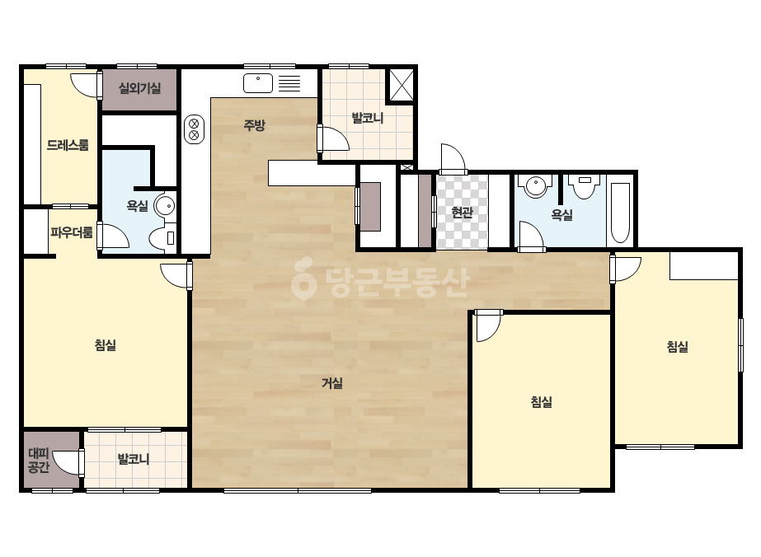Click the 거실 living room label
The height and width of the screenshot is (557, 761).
point(332,383)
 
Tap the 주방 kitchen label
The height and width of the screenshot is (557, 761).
point(254,126)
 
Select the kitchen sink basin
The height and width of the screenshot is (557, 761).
point(258,83)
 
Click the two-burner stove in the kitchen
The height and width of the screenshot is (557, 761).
point(194,129)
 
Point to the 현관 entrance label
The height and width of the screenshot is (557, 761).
point(462,212)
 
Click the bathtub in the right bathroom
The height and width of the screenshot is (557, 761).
point(620,212)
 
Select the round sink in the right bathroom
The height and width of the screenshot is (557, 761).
point(535,185)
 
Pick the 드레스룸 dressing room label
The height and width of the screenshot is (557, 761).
point(68,145)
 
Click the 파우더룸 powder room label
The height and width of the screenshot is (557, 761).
point(72,232)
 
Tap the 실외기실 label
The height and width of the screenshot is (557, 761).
point(140,88)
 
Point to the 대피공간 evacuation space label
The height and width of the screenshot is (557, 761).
point(39,461)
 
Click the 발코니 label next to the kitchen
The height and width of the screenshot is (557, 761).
point(368,118)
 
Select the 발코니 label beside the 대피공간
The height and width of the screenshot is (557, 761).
point(134,458)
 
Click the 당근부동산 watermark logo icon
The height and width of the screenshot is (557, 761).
point(303,279)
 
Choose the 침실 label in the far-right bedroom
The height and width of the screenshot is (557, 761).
point(678,346)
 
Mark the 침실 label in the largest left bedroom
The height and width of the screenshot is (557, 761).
point(106,345)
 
